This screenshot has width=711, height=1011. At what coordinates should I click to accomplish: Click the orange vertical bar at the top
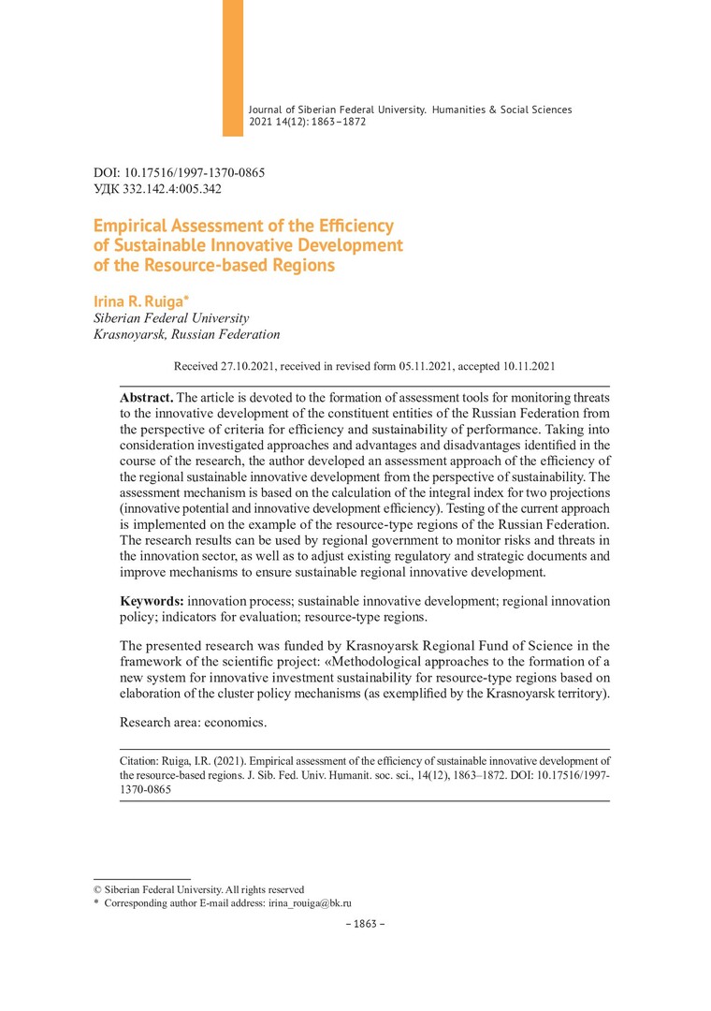(x=232, y=67)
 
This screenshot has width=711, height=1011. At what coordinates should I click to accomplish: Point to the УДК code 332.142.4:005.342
(x=172, y=188)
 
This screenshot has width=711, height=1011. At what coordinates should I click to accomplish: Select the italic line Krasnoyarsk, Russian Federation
(x=187, y=333)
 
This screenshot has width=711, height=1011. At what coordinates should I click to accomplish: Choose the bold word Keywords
(x=152, y=600)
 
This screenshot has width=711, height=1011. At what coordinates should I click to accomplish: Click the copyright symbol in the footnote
(x=97, y=889)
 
